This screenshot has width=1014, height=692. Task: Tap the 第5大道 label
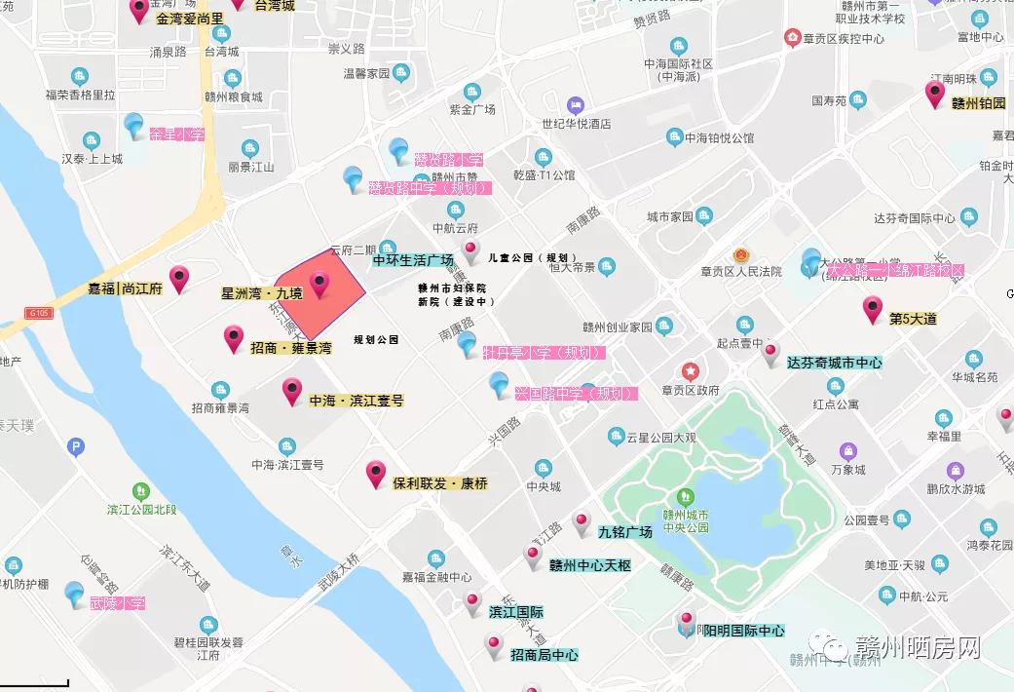(913, 319)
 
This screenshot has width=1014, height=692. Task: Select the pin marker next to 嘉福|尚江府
(179, 279)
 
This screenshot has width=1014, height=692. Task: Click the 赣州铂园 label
(978, 102)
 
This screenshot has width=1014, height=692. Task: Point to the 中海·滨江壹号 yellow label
(357, 401)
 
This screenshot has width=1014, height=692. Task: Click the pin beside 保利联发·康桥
(376, 474)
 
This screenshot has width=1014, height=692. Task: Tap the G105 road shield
(38, 313)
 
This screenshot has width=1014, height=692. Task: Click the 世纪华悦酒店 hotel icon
(576, 103)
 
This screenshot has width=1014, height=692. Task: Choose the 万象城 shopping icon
(847, 451)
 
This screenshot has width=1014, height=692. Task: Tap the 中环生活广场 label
(413, 260)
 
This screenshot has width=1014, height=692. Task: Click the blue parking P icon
(76, 447)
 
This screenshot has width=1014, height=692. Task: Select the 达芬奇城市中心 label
(835, 363)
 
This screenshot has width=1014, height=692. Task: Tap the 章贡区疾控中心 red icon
(792, 38)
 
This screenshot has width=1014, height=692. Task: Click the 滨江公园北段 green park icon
(143, 491)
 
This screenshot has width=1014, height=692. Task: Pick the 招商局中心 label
(544, 655)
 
